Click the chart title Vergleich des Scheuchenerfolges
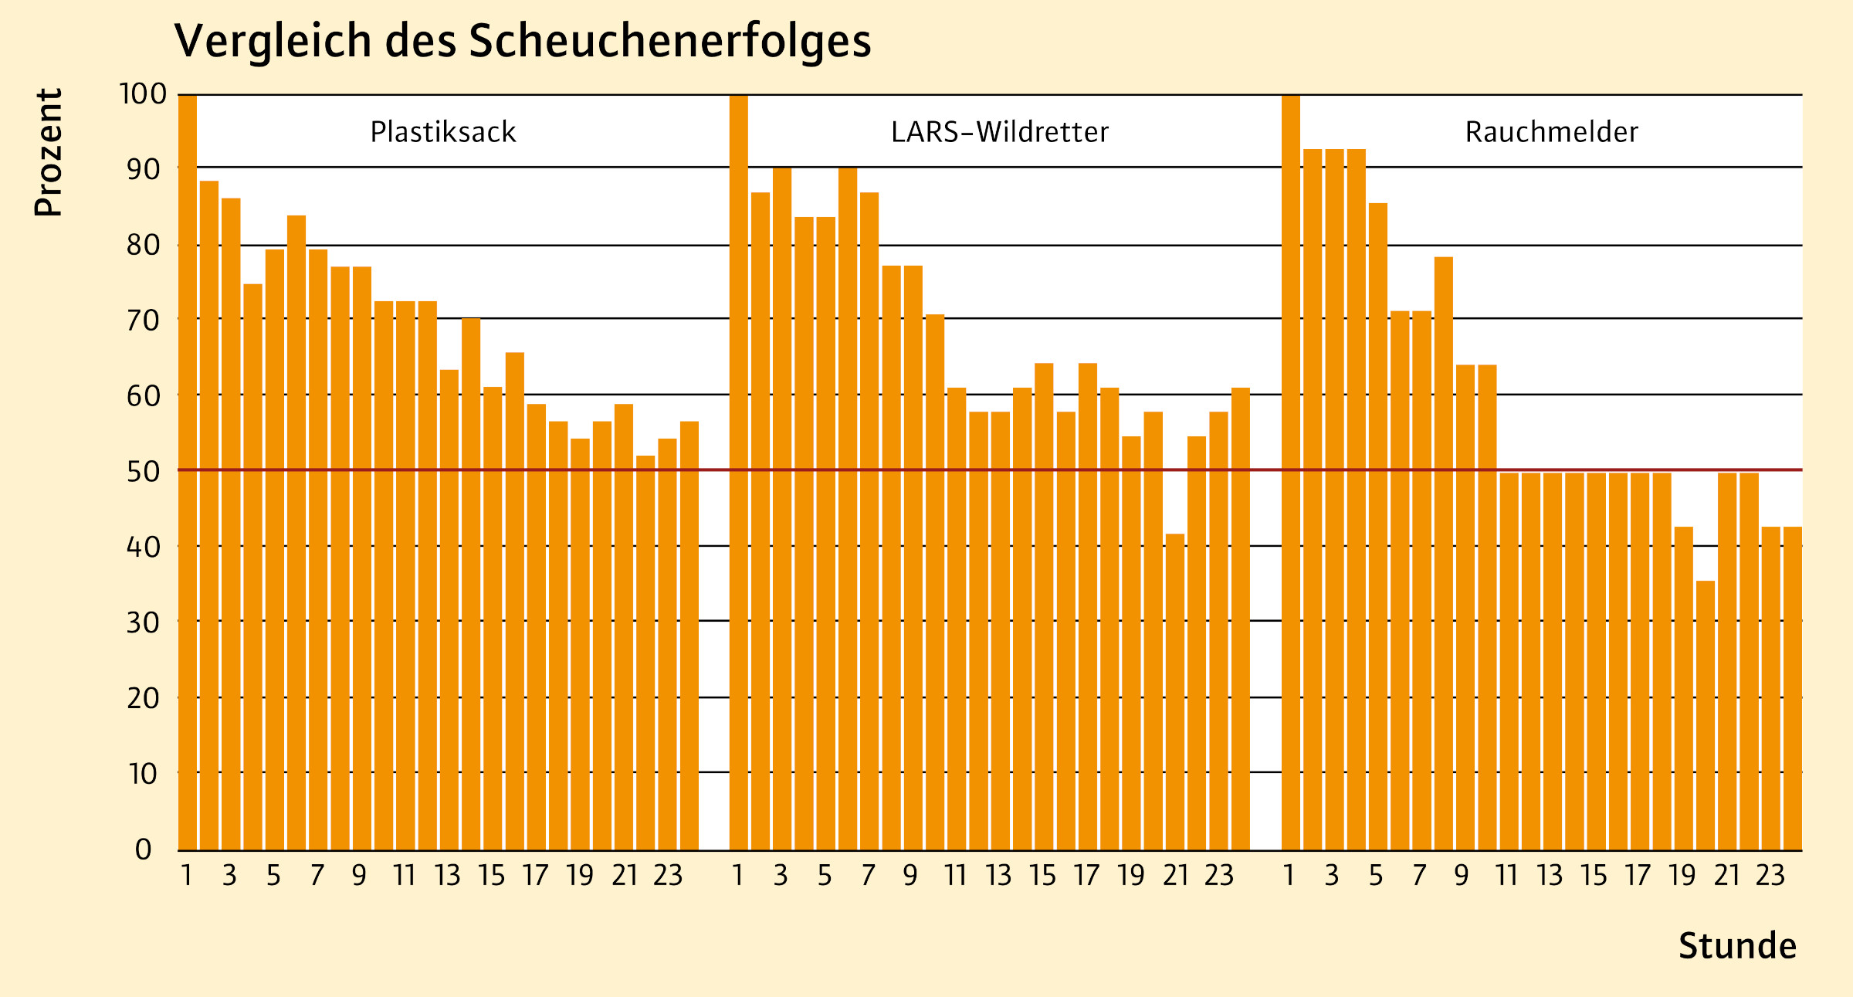(x=523, y=41)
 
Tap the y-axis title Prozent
(x=48, y=152)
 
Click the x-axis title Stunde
(x=1737, y=946)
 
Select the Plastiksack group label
(x=443, y=132)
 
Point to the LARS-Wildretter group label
(x=1000, y=132)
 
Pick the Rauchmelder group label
(x=1551, y=132)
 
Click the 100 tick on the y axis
(x=143, y=94)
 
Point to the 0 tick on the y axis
(x=144, y=849)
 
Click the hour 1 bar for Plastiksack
(x=188, y=471)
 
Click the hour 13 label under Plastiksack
(x=447, y=876)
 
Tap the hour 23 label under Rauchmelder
(x=1770, y=876)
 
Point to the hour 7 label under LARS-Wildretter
(x=869, y=876)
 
